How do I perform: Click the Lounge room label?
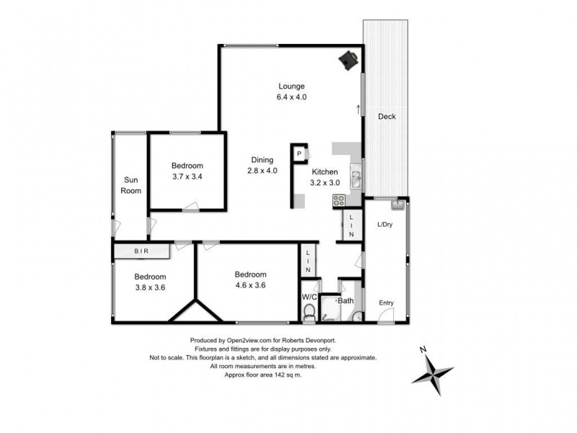(292, 87)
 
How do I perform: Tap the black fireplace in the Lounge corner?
(350, 61)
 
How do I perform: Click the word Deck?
(387, 116)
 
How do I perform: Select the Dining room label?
(262, 160)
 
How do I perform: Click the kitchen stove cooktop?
(338, 201)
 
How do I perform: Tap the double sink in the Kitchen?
(355, 177)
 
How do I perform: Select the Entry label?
(387, 302)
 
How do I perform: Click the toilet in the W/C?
(309, 312)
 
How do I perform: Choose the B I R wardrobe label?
(142, 251)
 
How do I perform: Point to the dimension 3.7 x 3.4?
(188, 176)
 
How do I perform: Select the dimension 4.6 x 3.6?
(250, 284)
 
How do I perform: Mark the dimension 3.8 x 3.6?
(150, 287)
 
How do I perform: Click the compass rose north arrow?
(426, 351)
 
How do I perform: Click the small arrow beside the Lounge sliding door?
(358, 109)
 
